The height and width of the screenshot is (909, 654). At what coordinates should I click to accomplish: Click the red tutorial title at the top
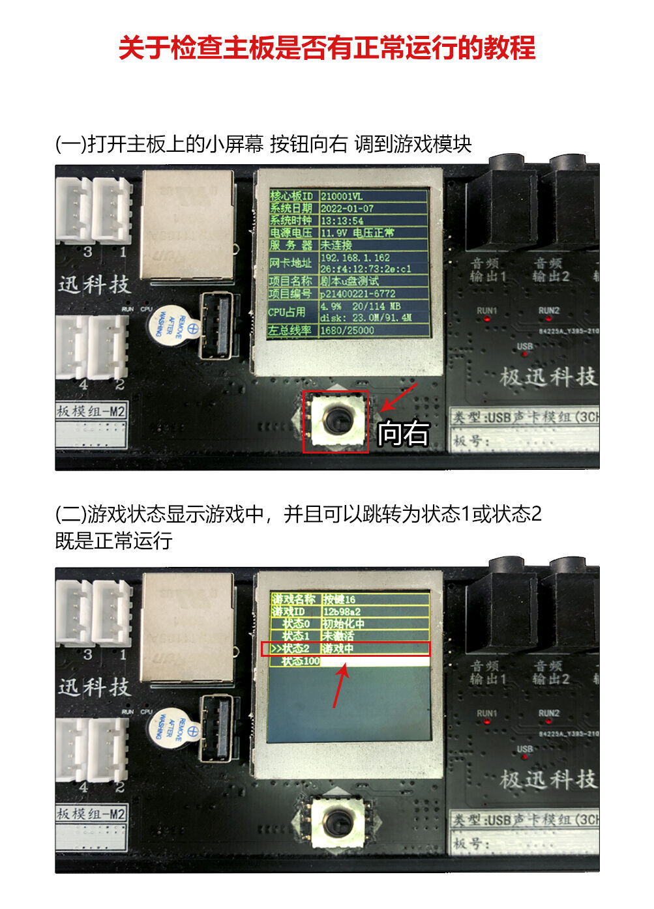(327, 48)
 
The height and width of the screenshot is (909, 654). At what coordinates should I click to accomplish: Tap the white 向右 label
(404, 433)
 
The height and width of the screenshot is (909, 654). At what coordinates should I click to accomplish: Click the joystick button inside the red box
(336, 421)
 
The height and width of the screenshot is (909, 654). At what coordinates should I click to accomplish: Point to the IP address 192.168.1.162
(355, 258)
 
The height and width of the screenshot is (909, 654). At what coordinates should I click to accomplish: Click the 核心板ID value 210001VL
(342, 196)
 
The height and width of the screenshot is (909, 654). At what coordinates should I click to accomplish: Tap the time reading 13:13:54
(342, 221)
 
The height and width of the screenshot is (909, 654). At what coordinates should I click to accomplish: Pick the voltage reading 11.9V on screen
(334, 233)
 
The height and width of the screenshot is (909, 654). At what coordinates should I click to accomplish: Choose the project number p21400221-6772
(357, 294)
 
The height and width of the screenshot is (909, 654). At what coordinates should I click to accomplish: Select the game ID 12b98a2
(341, 611)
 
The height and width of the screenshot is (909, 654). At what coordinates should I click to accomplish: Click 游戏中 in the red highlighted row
(338, 648)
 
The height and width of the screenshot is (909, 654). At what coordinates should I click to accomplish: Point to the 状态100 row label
(300, 661)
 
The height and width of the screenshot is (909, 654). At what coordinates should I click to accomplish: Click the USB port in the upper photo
(216, 325)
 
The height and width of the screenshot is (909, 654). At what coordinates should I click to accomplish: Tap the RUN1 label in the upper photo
(486, 311)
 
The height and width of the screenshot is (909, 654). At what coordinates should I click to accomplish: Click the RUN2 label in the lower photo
(549, 713)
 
